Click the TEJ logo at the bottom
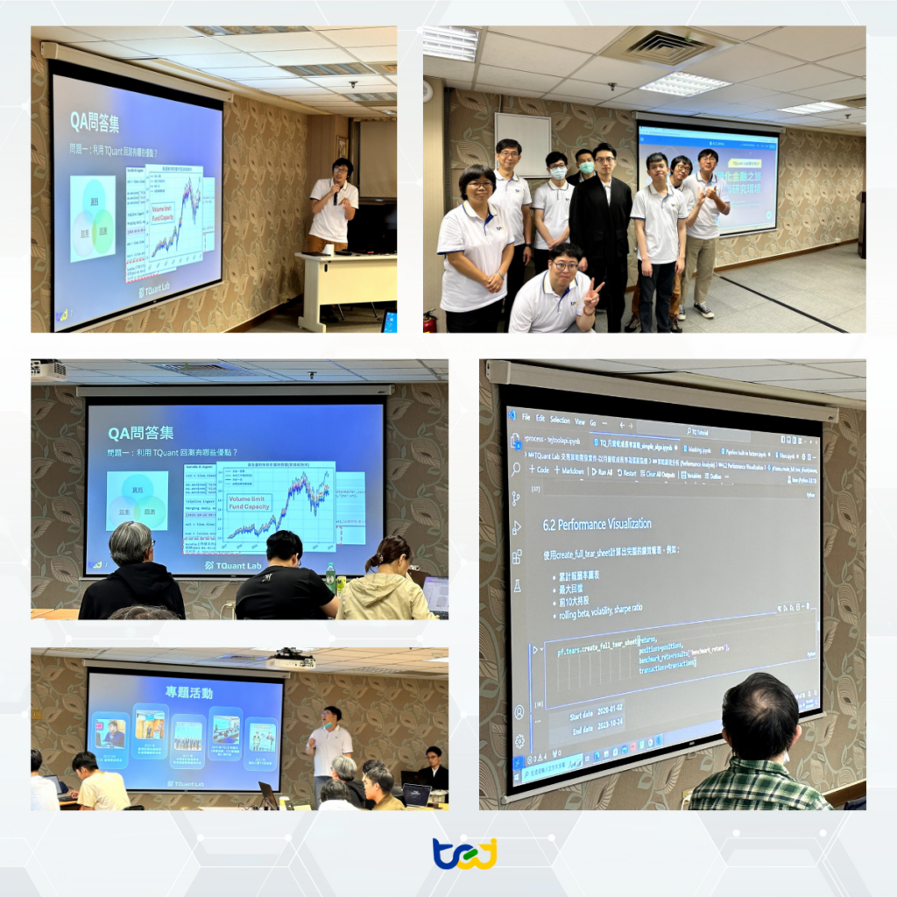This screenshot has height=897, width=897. point(465,853)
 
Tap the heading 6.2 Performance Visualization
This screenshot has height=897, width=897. point(597,524)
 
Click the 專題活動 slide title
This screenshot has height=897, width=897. point(188,692)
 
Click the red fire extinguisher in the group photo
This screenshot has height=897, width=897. point(429,321)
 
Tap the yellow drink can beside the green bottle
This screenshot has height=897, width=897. point(341,583)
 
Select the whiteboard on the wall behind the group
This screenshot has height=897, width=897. point(522,145)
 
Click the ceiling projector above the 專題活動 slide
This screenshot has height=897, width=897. point(290,660)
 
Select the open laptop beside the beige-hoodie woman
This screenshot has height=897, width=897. point(434,596)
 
